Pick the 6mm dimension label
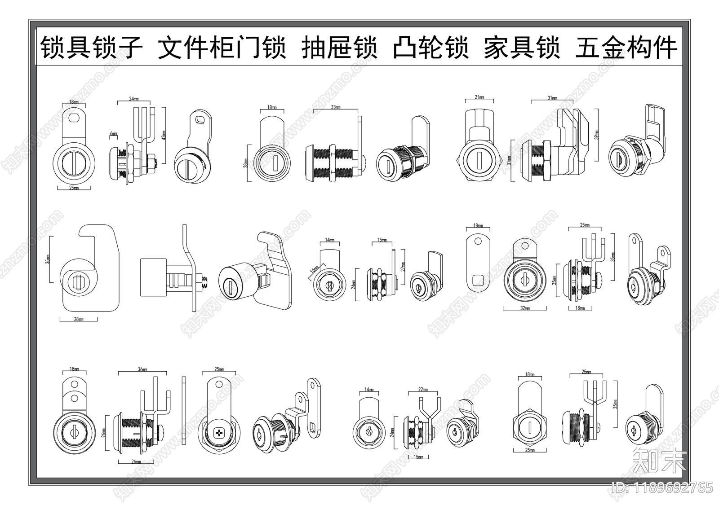[x=113, y=134]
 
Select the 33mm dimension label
[x=335, y=107]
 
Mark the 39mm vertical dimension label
[x=597, y=134]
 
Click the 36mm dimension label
[x=142, y=370]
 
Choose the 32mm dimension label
[x=525, y=308]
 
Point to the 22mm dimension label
[x=423, y=390]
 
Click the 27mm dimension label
[x=403, y=268]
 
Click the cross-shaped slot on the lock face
[x=219, y=434]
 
